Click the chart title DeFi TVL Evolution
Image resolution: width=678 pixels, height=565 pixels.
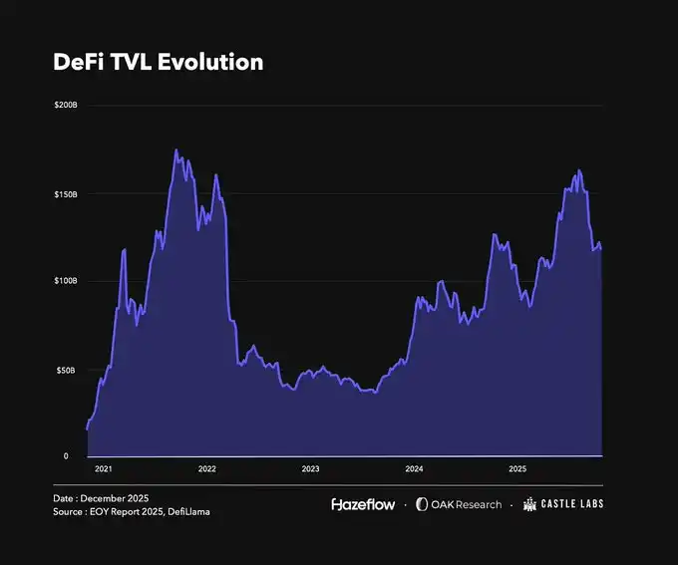[x=158, y=62]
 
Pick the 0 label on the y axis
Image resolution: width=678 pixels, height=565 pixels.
[x=66, y=456]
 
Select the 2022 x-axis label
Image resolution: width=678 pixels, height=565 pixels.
[x=206, y=467]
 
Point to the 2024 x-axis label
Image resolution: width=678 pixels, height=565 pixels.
[x=414, y=467]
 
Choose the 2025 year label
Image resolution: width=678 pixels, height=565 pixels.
[x=517, y=467]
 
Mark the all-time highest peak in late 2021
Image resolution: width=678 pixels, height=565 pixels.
[x=175, y=150]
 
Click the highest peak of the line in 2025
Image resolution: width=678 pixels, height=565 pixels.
[x=579, y=170]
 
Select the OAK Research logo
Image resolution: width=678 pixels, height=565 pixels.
[x=459, y=504]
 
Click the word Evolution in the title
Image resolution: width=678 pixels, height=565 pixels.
[x=214, y=62]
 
